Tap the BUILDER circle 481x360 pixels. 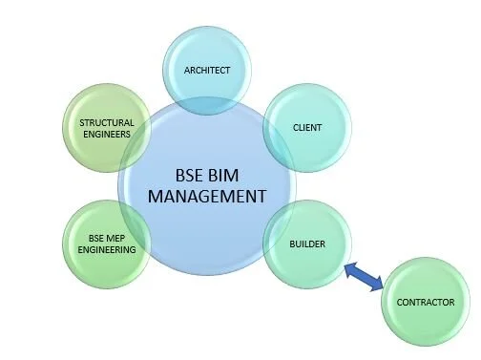[307, 244]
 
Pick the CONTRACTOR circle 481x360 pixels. [425, 304]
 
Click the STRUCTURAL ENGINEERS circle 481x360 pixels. [107, 127]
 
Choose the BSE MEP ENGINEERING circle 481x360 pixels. [107, 244]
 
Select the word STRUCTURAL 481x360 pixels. [107, 122]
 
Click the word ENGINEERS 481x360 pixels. [107, 134]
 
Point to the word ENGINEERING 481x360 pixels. [107, 250]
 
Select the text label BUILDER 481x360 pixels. [307, 244]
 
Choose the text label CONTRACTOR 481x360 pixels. [425, 304]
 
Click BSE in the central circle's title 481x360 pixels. [196, 177]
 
